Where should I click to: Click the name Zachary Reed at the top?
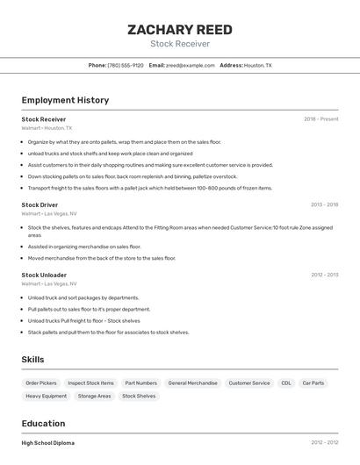[180, 30]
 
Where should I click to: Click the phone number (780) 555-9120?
[126, 66]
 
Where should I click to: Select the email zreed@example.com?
[191, 66]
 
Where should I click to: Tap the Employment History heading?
[65, 100]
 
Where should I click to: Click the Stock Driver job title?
[40, 204]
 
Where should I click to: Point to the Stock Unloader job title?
[44, 275]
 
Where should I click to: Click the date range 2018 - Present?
[321, 119]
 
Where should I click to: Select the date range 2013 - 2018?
[324, 204]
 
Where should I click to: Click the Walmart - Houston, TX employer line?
[47, 128]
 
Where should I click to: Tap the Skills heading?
[32, 360]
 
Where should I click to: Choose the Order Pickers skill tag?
[41, 383]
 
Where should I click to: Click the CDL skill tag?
[286, 383]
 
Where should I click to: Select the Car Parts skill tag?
[313, 383]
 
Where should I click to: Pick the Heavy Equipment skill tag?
[46, 397]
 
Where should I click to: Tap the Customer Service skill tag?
[249, 383]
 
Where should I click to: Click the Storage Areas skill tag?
[94, 397]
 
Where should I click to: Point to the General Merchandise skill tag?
[192, 383]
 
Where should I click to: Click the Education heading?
[43, 423]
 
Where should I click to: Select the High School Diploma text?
[47, 443]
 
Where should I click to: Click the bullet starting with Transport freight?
[149, 188]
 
